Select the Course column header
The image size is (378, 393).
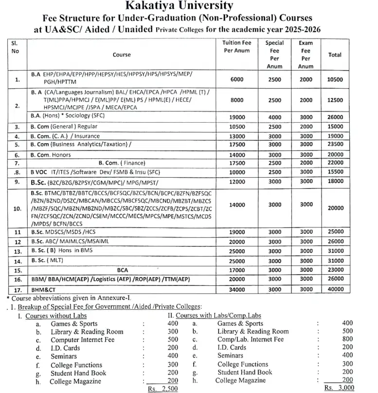122,55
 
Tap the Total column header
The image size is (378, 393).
335,55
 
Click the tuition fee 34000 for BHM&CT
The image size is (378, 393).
237,289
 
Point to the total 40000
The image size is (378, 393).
335,289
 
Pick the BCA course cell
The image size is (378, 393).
123,270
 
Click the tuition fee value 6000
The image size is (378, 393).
237,79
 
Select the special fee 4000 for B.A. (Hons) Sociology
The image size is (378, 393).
274,117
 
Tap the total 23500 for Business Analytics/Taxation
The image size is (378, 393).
335,145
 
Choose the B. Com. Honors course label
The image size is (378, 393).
51,155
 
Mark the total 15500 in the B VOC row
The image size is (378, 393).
335,172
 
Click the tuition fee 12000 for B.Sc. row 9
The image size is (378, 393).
237,182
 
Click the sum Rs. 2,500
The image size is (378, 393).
163,389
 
